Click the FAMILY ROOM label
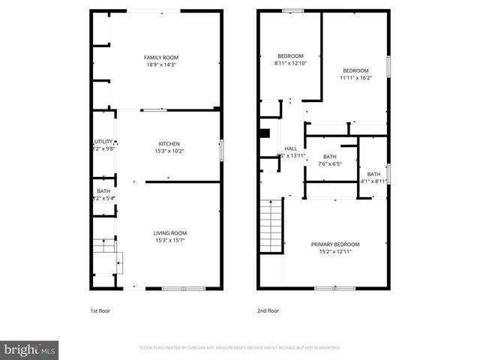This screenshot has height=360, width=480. [161, 57]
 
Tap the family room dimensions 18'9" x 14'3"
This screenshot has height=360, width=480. [161, 64]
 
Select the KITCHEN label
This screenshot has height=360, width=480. [169, 144]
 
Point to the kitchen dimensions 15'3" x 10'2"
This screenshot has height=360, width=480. [169, 151]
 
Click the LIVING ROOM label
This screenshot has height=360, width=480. [171, 232]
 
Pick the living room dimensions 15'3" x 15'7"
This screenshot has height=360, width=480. [171, 240]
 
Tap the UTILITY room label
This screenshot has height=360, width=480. [103, 141]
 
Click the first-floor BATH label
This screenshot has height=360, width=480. [103, 191]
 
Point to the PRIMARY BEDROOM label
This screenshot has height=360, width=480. [335, 244]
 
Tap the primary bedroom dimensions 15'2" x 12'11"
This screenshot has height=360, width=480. [335, 252]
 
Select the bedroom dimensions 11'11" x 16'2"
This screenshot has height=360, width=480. [355, 76]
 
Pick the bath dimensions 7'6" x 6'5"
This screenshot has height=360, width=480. [329, 163]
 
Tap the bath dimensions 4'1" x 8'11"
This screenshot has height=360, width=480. [373, 181]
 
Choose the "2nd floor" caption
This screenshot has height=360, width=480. [268, 309]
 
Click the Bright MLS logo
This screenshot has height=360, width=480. [30, 349]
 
